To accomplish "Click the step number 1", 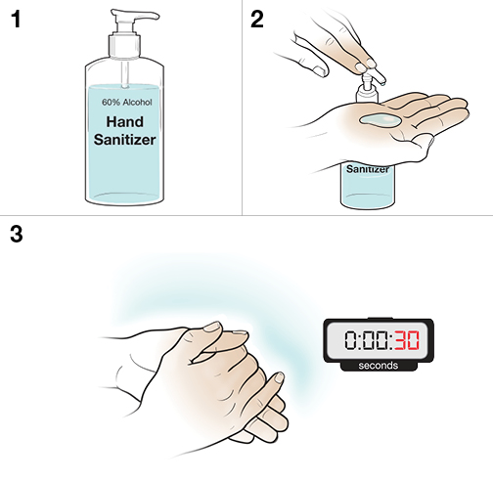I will (15, 20).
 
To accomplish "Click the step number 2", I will (258, 20).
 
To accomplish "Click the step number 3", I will (15, 235).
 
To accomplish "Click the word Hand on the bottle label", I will (130, 122).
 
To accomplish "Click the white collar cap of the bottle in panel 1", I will (129, 44).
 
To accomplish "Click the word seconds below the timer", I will (378, 366).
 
